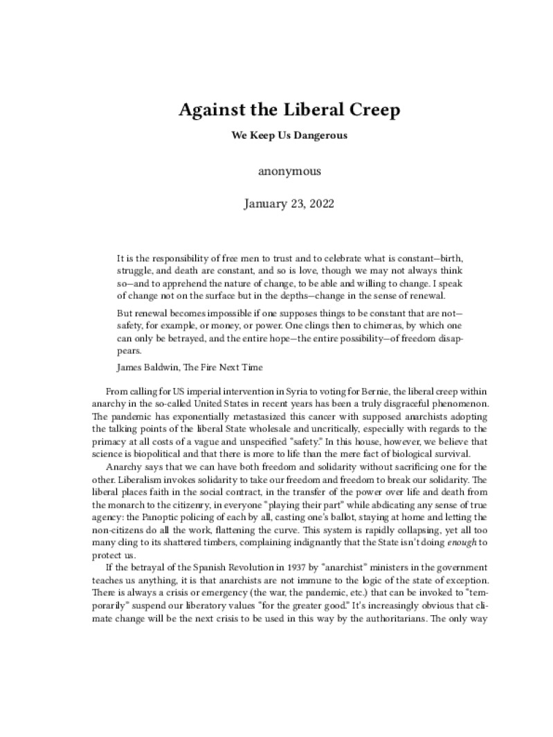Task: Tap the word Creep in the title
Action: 347,110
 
